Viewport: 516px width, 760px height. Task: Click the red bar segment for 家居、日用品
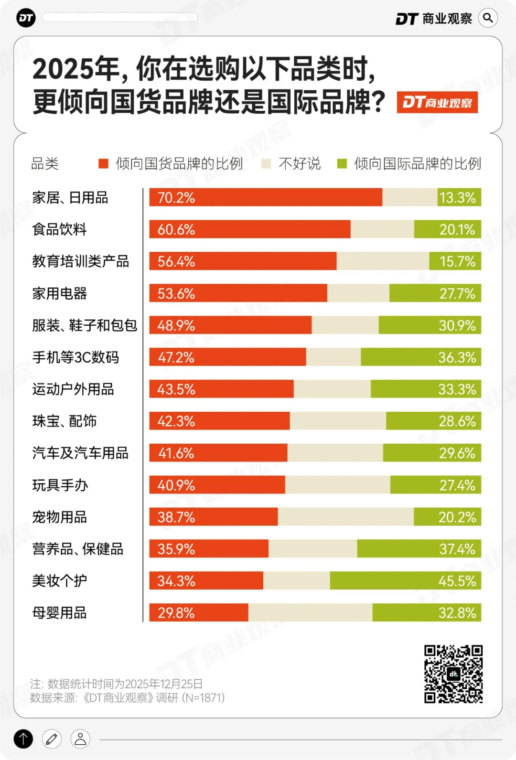(x=266, y=197)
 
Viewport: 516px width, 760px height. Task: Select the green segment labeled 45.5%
(x=405, y=580)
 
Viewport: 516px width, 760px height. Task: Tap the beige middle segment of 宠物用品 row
(x=345, y=517)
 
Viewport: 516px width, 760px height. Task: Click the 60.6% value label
(x=176, y=230)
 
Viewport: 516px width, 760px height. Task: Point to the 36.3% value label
(x=457, y=357)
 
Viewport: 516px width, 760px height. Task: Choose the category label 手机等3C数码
(x=75, y=357)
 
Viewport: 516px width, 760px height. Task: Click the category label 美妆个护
(x=59, y=580)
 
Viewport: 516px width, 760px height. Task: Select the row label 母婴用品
(x=59, y=612)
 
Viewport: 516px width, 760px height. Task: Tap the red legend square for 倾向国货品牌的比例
(x=103, y=164)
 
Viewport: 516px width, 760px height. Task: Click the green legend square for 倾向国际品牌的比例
(x=342, y=164)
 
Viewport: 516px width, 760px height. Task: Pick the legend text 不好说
(x=300, y=164)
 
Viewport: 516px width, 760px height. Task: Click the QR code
(x=453, y=674)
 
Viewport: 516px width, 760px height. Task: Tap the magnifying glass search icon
(x=488, y=18)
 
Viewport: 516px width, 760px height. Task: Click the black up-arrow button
(x=23, y=739)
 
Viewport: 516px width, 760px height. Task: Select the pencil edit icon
(x=52, y=739)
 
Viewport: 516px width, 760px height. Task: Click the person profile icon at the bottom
(x=80, y=739)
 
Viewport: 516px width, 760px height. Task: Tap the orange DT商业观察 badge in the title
(x=437, y=102)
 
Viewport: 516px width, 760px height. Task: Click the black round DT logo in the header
(x=26, y=18)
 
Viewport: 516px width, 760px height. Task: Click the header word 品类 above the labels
(x=45, y=164)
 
